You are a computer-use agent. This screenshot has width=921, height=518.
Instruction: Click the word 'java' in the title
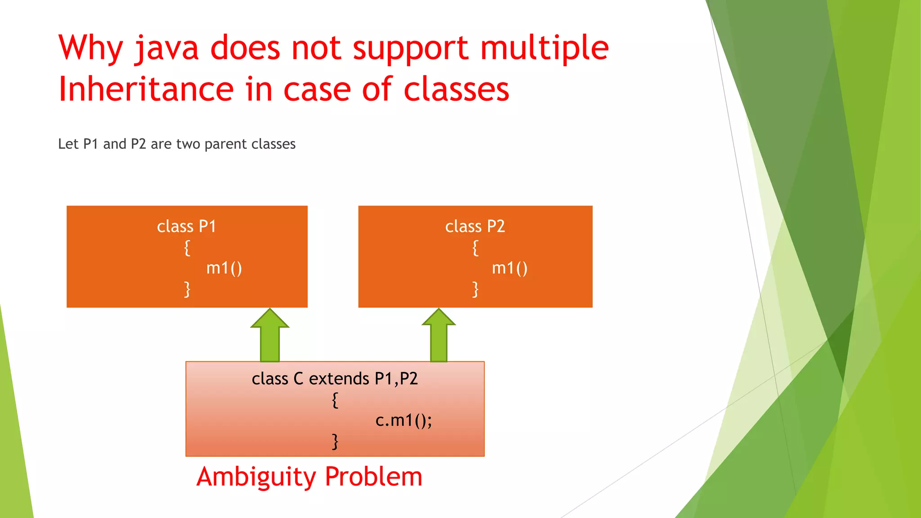point(166,49)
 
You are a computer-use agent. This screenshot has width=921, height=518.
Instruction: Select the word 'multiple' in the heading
point(544,49)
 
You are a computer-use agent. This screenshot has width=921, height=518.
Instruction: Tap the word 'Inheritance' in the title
point(146,89)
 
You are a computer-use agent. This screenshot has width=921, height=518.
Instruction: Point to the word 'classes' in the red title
point(456,89)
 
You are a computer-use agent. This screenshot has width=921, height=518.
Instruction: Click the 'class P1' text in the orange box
point(187,226)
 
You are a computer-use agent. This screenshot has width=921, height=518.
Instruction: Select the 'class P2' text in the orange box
point(475,226)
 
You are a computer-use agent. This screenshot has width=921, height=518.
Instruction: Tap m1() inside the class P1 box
point(224,268)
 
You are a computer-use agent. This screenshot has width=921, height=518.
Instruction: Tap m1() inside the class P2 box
point(510,268)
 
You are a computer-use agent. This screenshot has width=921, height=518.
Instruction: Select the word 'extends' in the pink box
point(339,379)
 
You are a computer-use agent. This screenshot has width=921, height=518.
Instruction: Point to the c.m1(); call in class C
point(403,420)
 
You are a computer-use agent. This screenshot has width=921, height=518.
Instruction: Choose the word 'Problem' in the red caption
point(374,477)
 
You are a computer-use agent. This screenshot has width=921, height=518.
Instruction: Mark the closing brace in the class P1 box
point(187,289)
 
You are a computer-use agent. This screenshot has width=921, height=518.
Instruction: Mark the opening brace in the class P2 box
point(475,248)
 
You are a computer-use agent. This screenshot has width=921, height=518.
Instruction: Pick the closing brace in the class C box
point(335,442)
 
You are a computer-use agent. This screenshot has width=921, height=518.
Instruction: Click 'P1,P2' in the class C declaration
point(396,379)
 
